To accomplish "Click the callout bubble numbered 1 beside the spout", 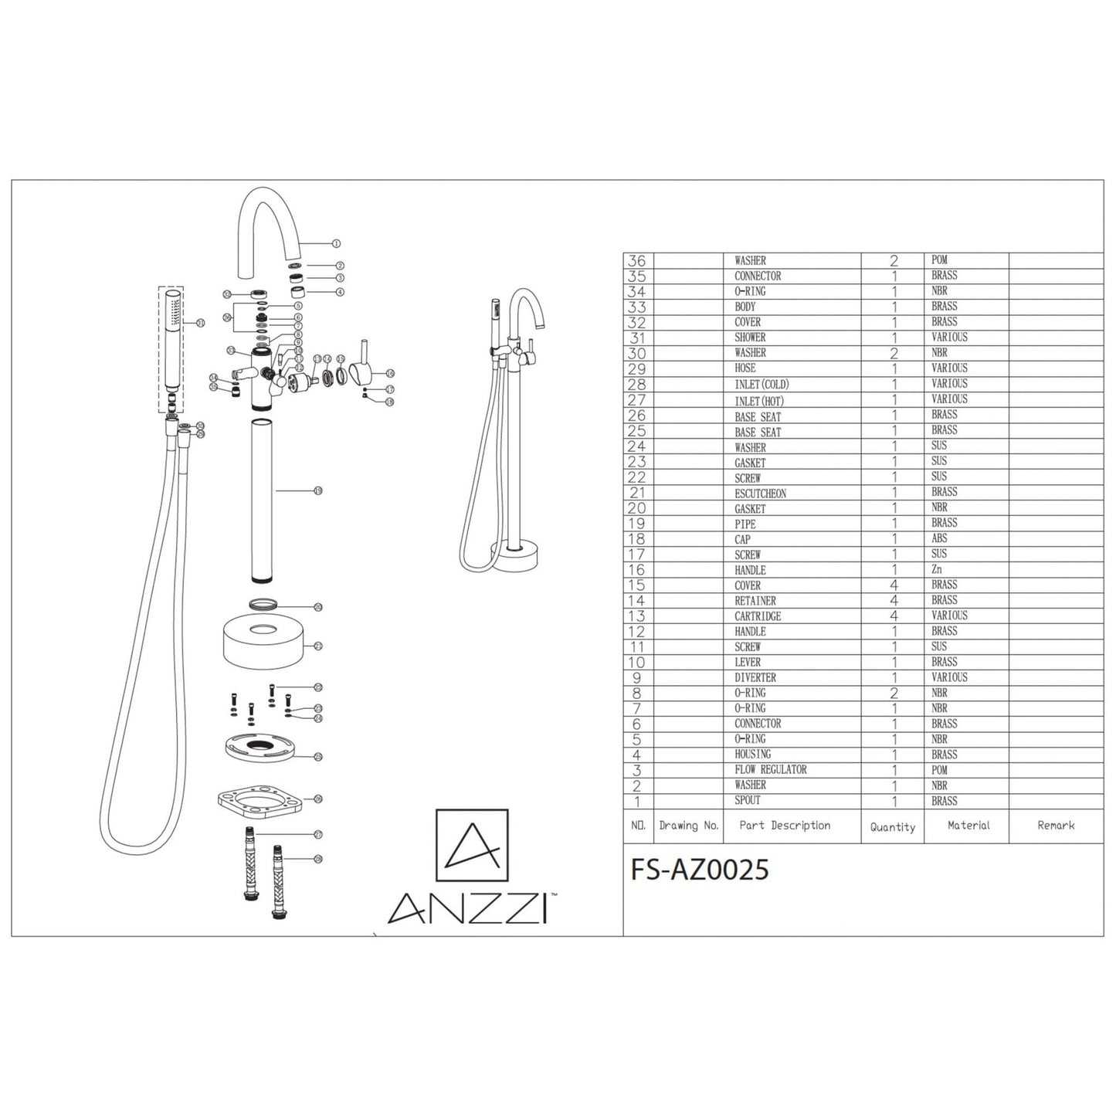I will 336,243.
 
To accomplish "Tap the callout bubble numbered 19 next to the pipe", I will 318,490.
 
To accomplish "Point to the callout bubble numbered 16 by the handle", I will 390,373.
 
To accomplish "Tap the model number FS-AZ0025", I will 700,870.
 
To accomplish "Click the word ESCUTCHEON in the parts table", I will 760,493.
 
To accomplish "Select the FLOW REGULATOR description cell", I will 770,770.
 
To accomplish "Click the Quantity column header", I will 892,827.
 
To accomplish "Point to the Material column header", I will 968,826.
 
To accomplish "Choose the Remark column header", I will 1056,826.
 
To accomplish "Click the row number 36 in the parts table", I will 638,261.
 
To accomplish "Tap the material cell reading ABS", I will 939,538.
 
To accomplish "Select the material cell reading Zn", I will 937,569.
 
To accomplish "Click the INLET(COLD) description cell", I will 761,385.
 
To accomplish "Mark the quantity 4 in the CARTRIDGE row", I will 894,616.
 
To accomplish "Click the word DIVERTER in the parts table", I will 755,677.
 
